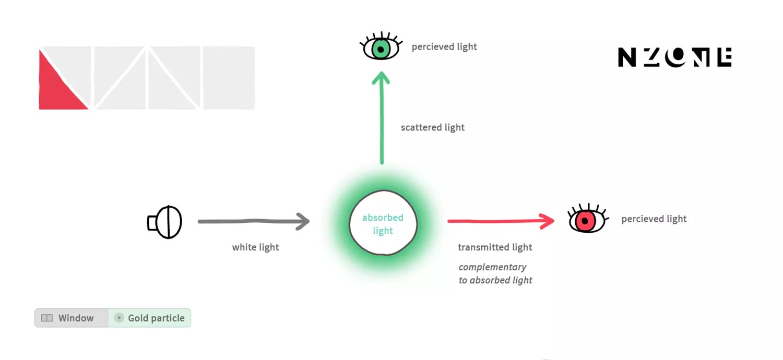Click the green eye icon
pyautogui.click(x=381, y=49)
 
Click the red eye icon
pyautogui.click(x=586, y=220)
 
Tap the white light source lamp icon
pyautogui.click(x=165, y=222)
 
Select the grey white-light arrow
pyautogui.click(x=254, y=221)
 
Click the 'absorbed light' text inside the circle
pyautogui.click(x=383, y=224)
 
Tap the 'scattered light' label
pyautogui.click(x=432, y=127)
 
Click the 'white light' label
pyautogui.click(x=255, y=247)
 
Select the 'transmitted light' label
pyautogui.click(x=495, y=247)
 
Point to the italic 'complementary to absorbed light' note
pyautogui.click(x=495, y=273)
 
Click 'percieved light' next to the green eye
pyautogui.click(x=444, y=47)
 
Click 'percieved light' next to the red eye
pyautogui.click(x=654, y=219)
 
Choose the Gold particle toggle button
pyautogui.click(x=150, y=318)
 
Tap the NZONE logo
pyautogui.click(x=674, y=57)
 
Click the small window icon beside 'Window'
pyautogui.click(x=47, y=318)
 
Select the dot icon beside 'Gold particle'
pyautogui.click(x=119, y=318)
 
